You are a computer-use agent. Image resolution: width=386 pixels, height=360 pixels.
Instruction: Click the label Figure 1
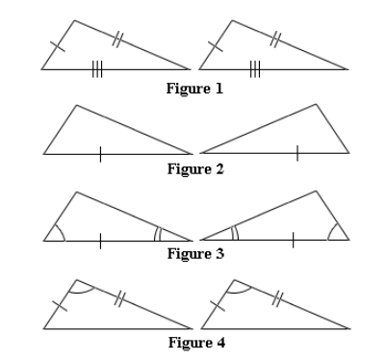click(195, 90)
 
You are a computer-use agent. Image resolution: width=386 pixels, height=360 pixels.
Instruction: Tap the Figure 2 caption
click(195, 169)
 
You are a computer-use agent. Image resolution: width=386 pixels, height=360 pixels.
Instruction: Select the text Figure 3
click(195, 254)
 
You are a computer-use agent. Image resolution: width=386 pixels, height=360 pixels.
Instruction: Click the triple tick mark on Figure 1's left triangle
click(97, 68)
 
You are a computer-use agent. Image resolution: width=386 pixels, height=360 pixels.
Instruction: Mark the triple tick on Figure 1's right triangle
click(254, 68)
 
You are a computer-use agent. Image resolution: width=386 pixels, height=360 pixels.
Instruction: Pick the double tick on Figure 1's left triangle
click(117, 39)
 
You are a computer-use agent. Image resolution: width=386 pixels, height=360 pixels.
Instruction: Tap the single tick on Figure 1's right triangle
click(215, 44)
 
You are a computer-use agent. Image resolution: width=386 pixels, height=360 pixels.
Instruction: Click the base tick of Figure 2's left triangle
click(99, 153)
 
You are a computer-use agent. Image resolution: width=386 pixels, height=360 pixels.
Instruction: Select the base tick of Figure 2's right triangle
click(296, 153)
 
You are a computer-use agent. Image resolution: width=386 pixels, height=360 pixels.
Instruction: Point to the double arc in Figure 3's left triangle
click(158, 233)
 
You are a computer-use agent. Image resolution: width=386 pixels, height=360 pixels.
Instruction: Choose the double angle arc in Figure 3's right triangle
click(234, 233)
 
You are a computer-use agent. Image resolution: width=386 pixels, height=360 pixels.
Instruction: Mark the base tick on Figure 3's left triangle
click(99, 239)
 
